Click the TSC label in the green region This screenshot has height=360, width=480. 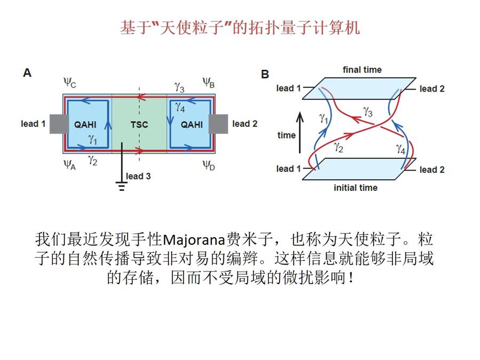pos(139,125)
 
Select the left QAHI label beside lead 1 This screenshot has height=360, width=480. pos(85,125)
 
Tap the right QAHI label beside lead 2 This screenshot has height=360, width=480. pos(191,125)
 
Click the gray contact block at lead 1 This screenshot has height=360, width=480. pos(58,124)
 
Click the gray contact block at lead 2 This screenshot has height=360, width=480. pos(218,124)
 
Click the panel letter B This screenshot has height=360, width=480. pos(265,75)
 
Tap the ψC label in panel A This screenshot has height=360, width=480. pos(69,83)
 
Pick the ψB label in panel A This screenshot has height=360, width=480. pos(209,83)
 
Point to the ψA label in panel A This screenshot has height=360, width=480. pos(69,164)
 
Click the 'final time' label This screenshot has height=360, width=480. pos(362,70)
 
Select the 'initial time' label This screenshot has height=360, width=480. pos(355,188)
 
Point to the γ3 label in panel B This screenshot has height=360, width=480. pos(369,111)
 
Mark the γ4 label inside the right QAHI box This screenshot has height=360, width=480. pos(180,107)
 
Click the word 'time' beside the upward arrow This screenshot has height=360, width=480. pos(286,135)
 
